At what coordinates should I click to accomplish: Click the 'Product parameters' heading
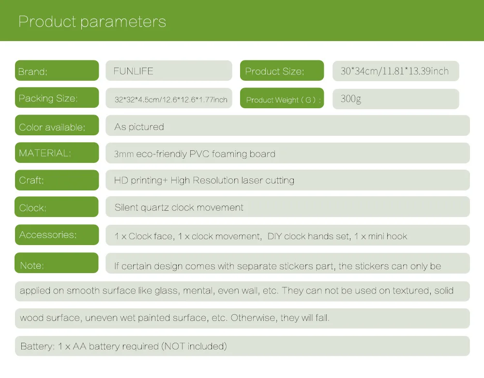92,22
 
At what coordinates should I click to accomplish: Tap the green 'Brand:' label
57,70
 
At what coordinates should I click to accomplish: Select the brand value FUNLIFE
134,71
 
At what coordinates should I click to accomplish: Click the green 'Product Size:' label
282,70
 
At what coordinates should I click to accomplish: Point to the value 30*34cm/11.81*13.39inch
394,71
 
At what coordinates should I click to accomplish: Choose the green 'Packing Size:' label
57,98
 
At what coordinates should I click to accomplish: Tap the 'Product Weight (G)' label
282,98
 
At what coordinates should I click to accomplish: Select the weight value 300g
350,99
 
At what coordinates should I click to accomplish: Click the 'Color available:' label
57,125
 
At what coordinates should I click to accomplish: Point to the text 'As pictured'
139,127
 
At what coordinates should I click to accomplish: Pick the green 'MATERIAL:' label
57,152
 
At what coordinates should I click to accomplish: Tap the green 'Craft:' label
57,180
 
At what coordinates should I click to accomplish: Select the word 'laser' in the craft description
252,180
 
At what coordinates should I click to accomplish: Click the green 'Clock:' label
57,206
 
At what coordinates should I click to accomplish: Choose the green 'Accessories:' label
57,234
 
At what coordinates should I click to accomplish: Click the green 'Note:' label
57,262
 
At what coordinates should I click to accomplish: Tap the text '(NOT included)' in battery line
194,346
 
